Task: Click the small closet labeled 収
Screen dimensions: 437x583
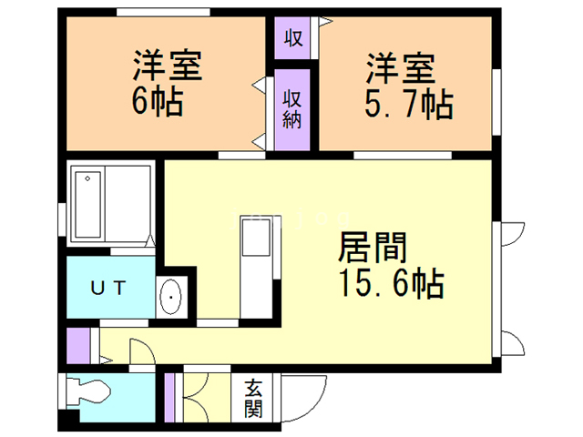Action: (293, 38)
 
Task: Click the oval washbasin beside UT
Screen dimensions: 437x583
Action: (170, 297)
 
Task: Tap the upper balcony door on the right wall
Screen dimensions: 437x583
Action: (509, 234)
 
